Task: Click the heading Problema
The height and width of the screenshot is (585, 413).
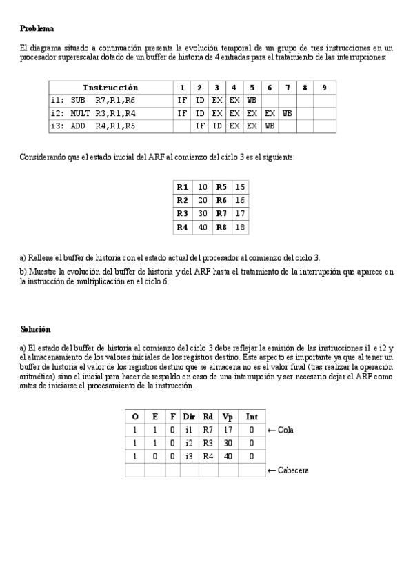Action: (x=37, y=28)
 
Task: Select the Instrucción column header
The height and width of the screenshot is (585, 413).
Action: (x=110, y=88)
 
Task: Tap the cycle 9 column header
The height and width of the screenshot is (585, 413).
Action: (x=324, y=88)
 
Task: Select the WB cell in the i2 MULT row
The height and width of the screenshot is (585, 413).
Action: (x=288, y=113)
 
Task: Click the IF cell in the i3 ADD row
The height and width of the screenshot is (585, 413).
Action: (x=200, y=126)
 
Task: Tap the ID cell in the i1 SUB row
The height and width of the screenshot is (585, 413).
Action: (x=200, y=100)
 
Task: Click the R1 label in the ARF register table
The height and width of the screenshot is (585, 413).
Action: (x=183, y=187)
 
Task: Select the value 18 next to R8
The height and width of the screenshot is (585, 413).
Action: (x=240, y=227)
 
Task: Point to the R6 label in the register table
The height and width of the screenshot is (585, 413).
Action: (x=221, y=200)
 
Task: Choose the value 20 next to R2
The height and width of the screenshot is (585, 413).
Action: (x=203, y=200)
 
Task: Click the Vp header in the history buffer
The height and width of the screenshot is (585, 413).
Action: (x=228, y=417)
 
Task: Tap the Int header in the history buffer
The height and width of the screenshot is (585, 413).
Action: (x=252, y=417)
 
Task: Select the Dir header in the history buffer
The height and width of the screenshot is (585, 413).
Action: (x=189, y=417)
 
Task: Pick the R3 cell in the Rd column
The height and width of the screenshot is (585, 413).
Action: (x=208, y=443)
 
